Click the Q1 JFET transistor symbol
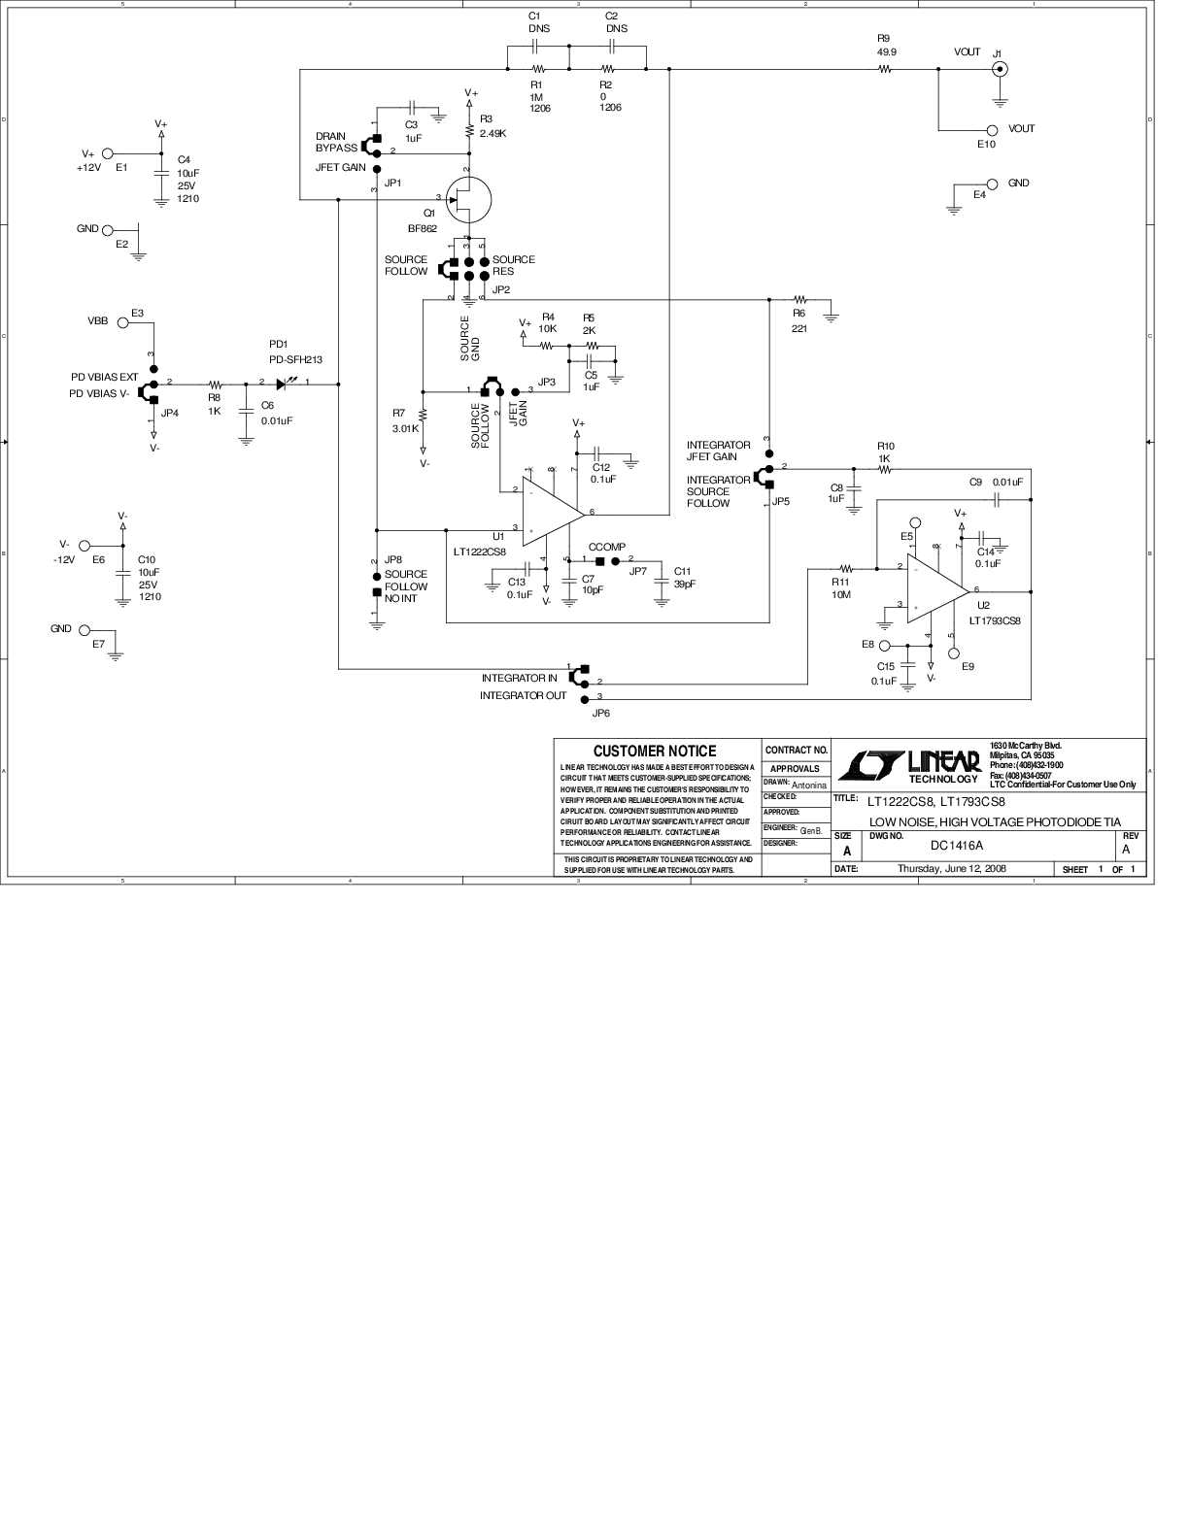tap(468, 199)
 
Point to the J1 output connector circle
tap(999, 69)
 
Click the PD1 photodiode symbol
tap(286, 384)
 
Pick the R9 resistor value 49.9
tap(885, 50)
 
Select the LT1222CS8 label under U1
tap(479, 552)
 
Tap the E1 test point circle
tap(108, 153)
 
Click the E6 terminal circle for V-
tap(85, 546)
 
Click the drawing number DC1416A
tap(957, 845)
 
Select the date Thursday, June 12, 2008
tap(951, 869)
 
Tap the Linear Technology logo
tap(907, 765)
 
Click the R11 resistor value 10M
tap(840, 594)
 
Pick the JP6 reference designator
tap(601, 713)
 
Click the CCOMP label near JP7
tap(607, 547)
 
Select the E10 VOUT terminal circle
tap(992, 130)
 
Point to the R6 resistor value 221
tap(798, 328)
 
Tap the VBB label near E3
tap(98, 320)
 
